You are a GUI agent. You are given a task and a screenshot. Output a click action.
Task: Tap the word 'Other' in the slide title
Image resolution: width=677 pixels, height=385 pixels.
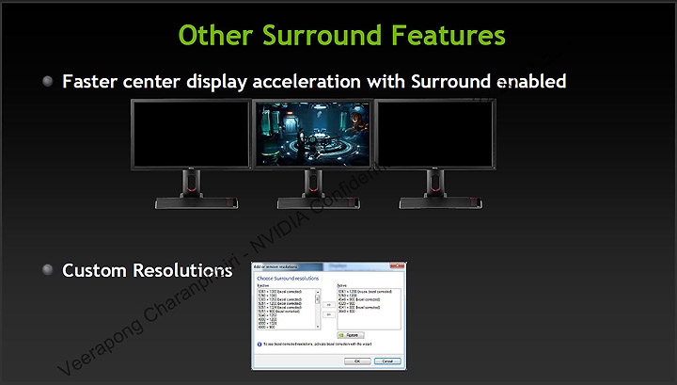(x=213, y=35)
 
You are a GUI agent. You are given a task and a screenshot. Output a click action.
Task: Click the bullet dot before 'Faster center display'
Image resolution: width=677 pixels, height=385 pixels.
(x=48, y=82)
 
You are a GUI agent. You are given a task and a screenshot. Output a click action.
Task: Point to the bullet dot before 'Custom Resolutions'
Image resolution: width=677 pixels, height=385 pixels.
(x=48, y=270)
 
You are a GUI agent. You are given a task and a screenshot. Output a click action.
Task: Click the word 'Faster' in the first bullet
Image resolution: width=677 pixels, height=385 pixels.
(x=93, y=82)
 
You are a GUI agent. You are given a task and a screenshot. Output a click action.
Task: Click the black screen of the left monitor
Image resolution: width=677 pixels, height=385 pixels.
(x=191, y=134)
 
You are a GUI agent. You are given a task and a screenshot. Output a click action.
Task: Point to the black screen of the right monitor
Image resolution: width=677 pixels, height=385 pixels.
(x=434, y=134)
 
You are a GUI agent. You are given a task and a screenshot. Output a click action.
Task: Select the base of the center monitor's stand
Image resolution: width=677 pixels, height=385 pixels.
(x=312, y=201)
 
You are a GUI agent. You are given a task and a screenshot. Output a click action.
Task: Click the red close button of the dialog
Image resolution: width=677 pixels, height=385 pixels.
(x=400, y=267)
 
